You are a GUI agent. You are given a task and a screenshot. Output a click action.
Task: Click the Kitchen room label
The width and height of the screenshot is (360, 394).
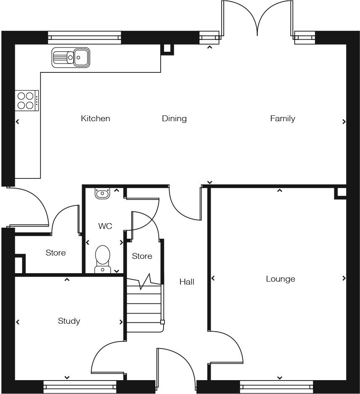point(95,119)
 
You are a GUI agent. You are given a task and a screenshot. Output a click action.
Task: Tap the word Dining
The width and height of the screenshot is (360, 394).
point(174,119)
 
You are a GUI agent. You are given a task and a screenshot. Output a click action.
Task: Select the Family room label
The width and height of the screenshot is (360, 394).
point(282,119)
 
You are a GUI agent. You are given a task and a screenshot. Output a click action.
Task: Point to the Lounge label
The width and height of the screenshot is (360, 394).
point(281,279)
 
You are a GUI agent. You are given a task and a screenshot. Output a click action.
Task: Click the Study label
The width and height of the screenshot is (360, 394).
point(69,321)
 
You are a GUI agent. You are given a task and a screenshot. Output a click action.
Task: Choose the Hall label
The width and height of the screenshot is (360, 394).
point(187,282)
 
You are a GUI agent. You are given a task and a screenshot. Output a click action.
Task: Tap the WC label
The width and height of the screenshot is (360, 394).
point(105,226)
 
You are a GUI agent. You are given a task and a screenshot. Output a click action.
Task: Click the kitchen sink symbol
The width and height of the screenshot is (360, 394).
point(71,57)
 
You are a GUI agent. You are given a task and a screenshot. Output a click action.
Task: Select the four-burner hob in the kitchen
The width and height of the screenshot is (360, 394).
point(26,101)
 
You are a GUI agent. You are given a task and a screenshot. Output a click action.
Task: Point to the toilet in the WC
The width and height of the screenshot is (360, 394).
point(103,258)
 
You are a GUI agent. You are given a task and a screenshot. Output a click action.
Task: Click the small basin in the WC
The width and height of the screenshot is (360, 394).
point(102,193)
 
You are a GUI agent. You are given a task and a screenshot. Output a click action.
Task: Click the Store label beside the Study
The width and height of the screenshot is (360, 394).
point(56,253)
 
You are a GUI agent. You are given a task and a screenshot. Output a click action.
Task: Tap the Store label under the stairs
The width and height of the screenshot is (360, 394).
point(142,256)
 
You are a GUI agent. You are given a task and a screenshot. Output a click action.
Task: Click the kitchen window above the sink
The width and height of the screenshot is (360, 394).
point(85,38)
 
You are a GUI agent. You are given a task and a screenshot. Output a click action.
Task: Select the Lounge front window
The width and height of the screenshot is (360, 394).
point(276,387)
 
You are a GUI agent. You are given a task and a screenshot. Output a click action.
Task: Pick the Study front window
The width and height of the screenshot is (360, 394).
point(80,387)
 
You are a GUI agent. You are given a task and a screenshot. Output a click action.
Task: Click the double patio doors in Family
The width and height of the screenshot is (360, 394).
point(257,19)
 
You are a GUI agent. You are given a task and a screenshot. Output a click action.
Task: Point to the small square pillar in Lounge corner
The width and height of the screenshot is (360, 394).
point(341,193)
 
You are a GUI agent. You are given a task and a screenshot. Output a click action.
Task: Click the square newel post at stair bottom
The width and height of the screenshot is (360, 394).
point(162,322)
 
